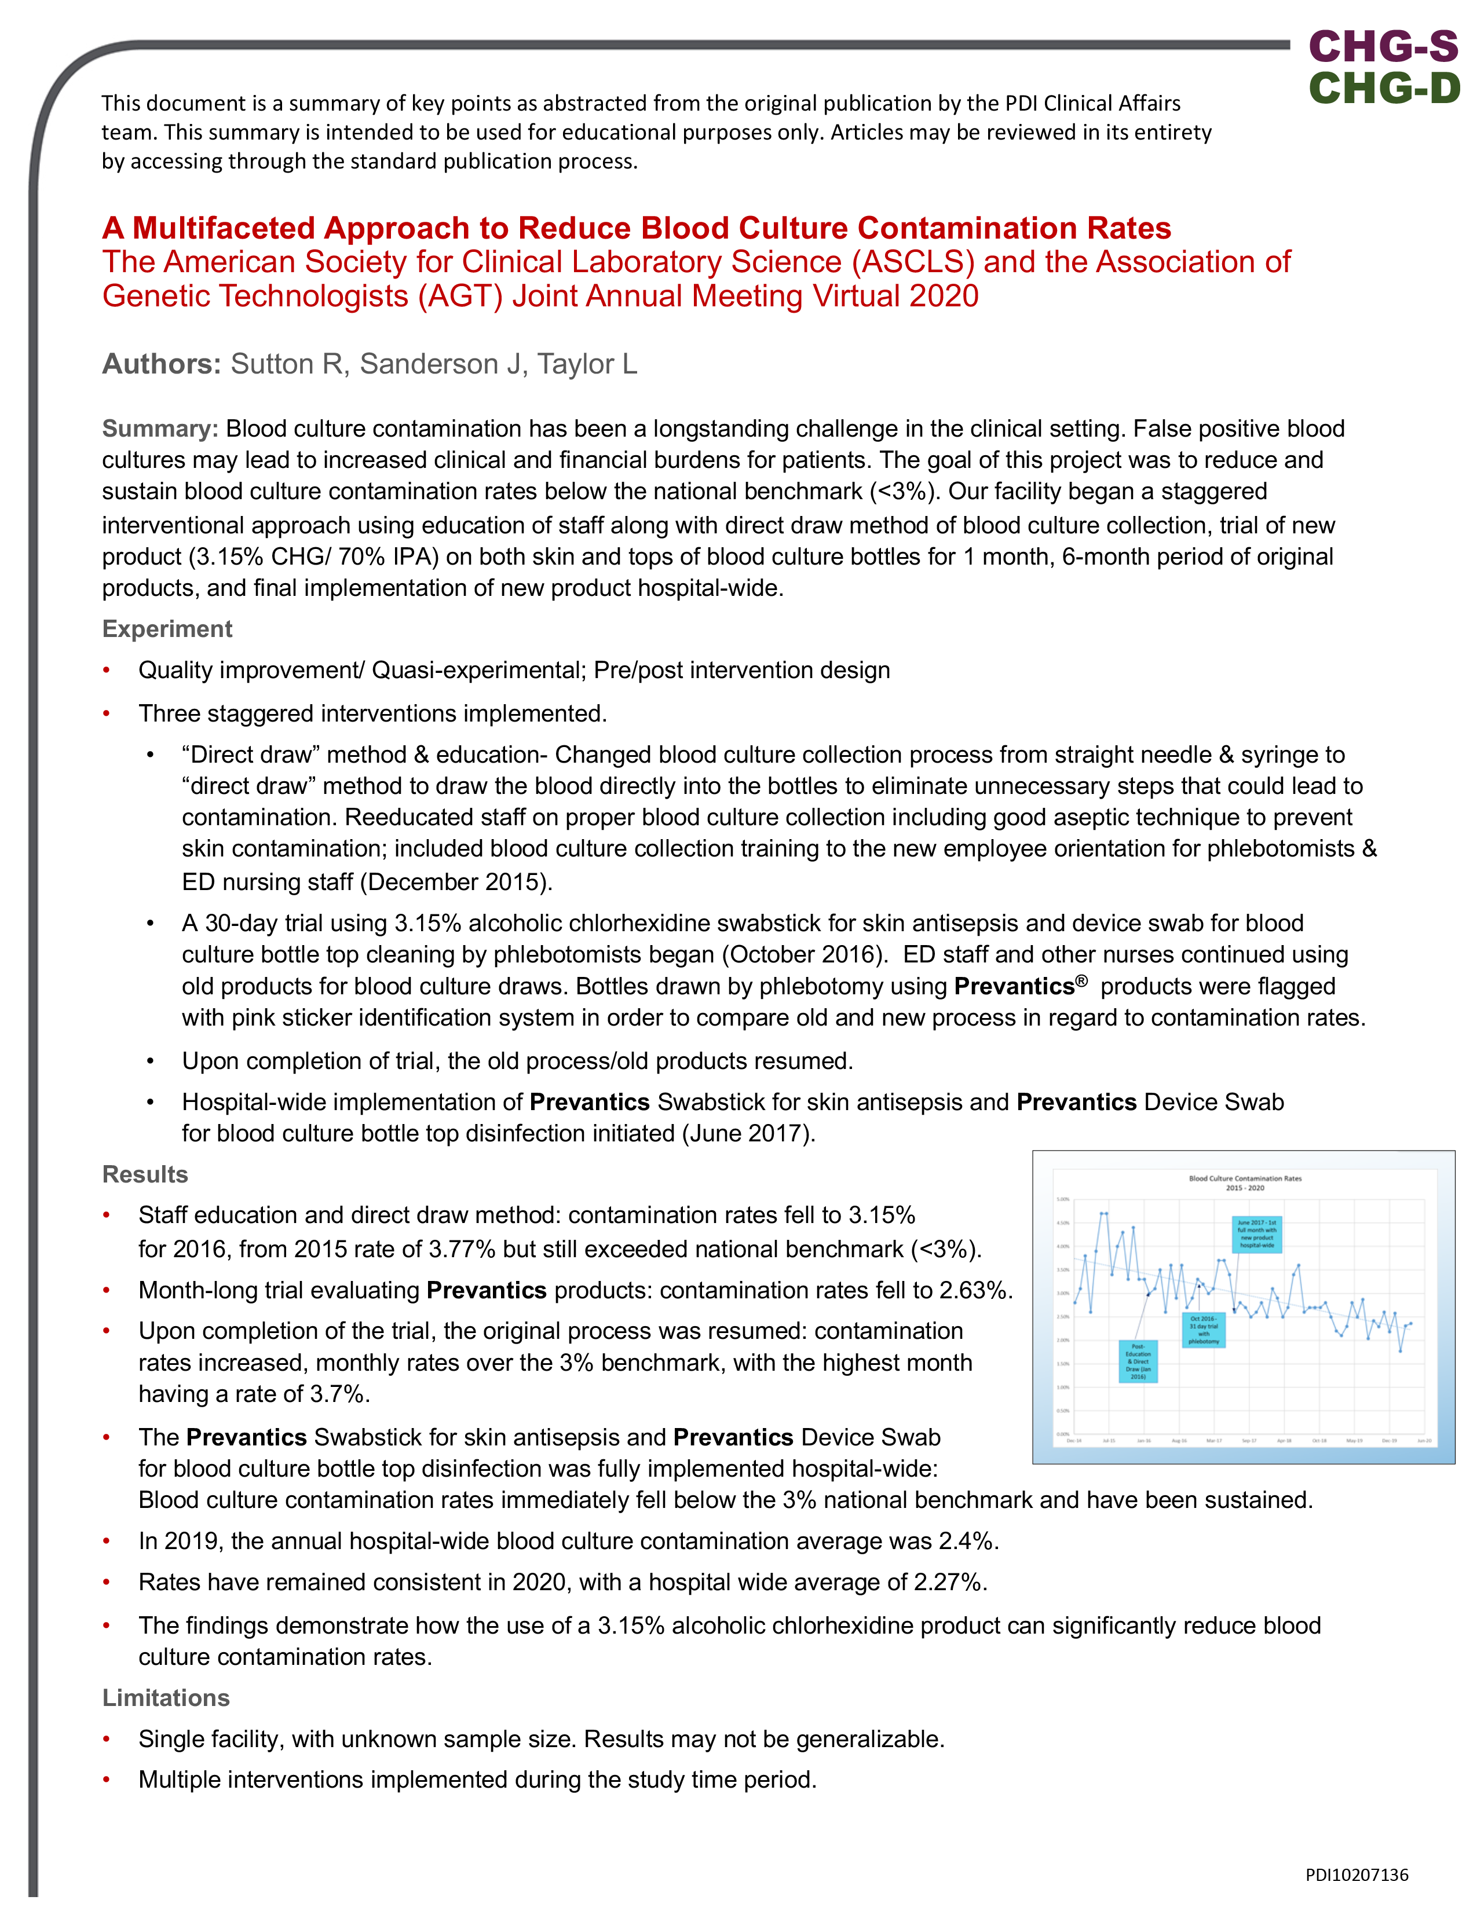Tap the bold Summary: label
[160, 429]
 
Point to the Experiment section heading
[167, 629]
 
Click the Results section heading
[145, 1174]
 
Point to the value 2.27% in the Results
[950, 1582]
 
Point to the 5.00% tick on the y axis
[1062, 1200]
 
